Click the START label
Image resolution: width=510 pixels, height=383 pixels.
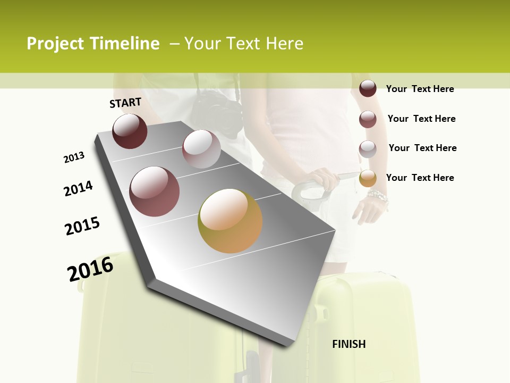(125, 103)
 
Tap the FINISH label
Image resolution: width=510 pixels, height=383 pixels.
(348, 344)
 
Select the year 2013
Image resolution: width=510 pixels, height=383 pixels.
(74, 157)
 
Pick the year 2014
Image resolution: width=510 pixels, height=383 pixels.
(78, 188)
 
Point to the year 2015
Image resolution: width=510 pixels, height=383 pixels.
(82, 226)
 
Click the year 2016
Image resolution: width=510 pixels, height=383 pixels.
(90, 269)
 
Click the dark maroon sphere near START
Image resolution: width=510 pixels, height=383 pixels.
(130, 131)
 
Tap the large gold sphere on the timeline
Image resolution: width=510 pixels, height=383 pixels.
(230, 221)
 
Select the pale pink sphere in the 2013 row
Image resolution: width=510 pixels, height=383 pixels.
(201, 149)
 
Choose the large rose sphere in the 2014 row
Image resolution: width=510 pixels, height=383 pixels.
(155, 191)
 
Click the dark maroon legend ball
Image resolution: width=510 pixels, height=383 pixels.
(368, 88)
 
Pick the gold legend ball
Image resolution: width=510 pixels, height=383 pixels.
(368, 178)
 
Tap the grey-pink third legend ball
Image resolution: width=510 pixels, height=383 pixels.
(368, 149)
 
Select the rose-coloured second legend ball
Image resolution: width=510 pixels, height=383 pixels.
(368, 119)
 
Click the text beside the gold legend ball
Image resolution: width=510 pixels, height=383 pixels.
(420, 178)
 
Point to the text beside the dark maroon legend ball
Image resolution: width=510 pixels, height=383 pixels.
(420, 89)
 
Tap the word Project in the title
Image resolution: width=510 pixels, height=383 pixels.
(55, 44)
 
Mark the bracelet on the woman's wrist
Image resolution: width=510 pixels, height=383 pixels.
(378, 198)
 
